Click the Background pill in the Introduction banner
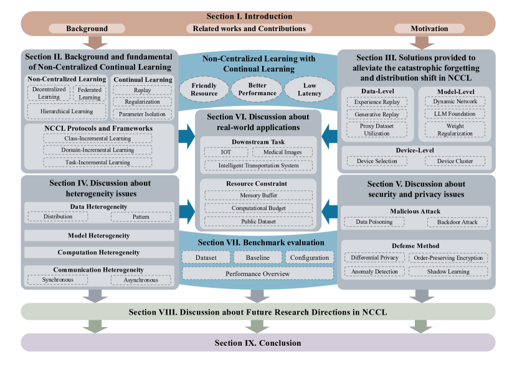[87, 29]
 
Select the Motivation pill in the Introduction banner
[429, 29]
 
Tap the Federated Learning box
[89, 93]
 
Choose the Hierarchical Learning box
[66, 111]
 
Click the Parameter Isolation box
[142, 114]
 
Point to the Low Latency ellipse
[310, 90]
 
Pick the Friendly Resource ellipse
[204, 90]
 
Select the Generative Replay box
[377, 114]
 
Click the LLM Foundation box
[455, 114]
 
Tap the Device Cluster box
[455, 161]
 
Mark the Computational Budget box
[258, 208]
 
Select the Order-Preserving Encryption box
[448, 258]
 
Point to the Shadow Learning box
[448, 272]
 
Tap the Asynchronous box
[141, 280]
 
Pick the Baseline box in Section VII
[257, 257]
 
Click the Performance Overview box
[258, 274]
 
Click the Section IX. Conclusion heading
[258, 343]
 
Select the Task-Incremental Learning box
[98, 162]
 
